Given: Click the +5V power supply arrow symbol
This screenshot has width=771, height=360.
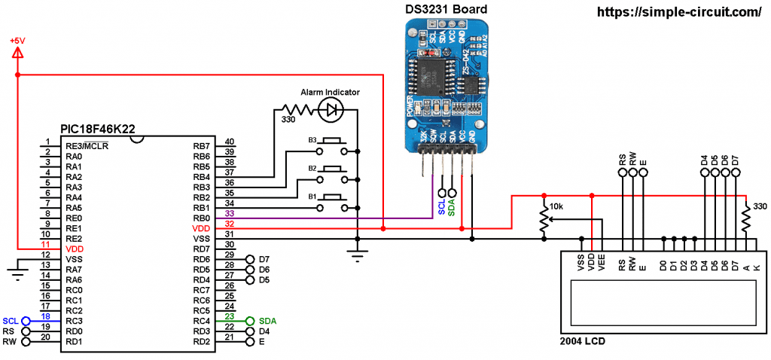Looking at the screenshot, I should pos(17,53).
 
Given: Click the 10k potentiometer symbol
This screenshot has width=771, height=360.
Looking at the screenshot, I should pos(544,219).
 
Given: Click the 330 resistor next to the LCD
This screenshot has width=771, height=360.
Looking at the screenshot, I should pos(745,219).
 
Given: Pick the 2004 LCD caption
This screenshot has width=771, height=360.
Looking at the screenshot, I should pos(582,341).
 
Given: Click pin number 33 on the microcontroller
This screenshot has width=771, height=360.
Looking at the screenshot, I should pos(230,215).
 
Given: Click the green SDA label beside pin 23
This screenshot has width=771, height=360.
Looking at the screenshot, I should pos(267,320).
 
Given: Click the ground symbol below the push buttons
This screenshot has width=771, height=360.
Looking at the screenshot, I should pos(356,255).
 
